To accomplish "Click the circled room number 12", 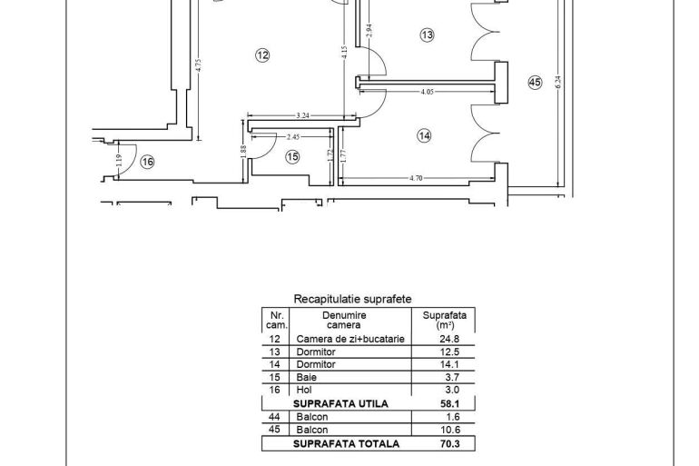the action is [x=262, y=55].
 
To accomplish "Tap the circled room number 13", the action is [x=427, y=35].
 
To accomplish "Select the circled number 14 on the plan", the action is [x=424, y=135].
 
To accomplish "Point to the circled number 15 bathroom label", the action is [x=292, y=157].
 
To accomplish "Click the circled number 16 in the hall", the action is [x=147, y=162].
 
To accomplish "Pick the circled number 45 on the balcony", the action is [x=535, y=83].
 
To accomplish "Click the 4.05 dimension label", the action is [x=427, y=92].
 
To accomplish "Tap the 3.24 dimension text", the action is [x=302, y=115].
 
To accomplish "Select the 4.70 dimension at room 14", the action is [x=416, y=178].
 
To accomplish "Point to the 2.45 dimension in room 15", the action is [x=293, y=137].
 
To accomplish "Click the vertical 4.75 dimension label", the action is [x=199, y=65].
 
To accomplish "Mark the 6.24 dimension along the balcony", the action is [x=558, y=82].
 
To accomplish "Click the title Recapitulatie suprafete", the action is [x=352, y=299].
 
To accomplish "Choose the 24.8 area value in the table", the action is [x=449, y=339].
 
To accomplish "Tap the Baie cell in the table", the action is [x=306, y=377].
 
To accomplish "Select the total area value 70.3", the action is [x=449, y=443].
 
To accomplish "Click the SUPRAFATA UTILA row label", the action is [x=340, y=404].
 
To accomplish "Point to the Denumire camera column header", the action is [x=344, y=320].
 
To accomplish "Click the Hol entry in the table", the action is [x=304, y=390].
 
